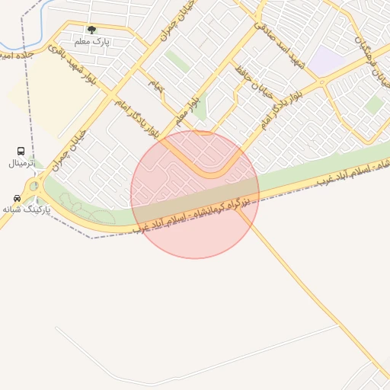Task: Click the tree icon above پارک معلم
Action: pos(92,30)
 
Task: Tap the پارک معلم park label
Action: pos(92,41)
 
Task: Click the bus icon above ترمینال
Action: pos(20,152)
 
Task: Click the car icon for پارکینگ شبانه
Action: pos(17,198)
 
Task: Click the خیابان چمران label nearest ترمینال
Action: pos(70,149)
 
